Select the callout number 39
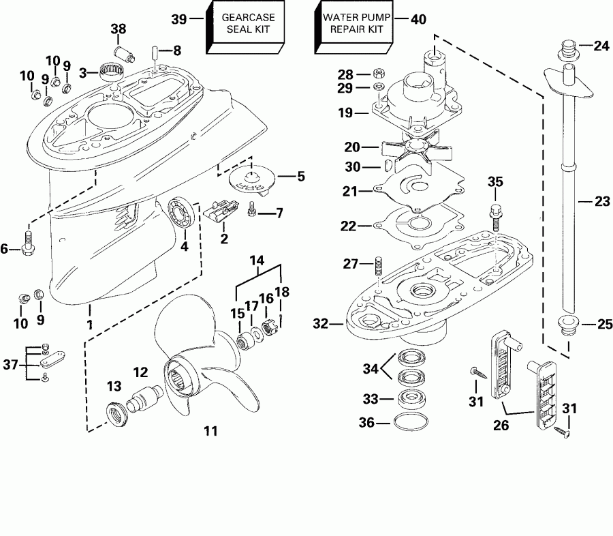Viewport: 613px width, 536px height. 178,19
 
